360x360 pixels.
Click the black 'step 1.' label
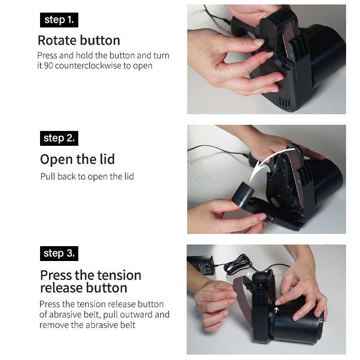click(59, 20)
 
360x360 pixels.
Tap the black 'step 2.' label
click(59, 138)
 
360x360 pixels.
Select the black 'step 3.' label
click(59, 253)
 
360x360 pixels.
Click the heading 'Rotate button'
click(79, 40)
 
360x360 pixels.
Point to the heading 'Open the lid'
click(77, 159)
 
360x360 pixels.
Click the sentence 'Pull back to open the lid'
click(87, 176)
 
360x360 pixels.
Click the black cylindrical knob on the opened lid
click(242, 195)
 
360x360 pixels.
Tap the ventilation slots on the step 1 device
click(285, 102)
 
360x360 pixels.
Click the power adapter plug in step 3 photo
click(202, 265)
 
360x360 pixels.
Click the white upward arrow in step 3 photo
click(276, 310)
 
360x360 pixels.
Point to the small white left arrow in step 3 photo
click(249, 274)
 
